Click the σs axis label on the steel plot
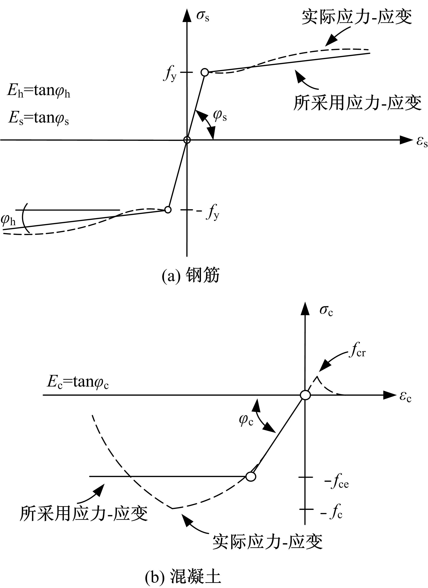pyautogui.click(x=203, y=16)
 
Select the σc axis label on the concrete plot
pyautogui.click(x=326, y=311)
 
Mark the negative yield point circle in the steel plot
pyautogui.click(x=168, y=209)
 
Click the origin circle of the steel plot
pyautogui.click(x=187, y=140)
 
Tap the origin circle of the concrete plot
pyautogui.click(x=305, y=395)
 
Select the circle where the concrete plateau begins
pyautogui.click(x=251, y=476)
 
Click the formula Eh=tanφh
pyautogui.click(x=39, y=92)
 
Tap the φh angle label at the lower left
pyautogui.click(x=8, y=220)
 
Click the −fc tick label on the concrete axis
pyautogui.click(x=332, y=513)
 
